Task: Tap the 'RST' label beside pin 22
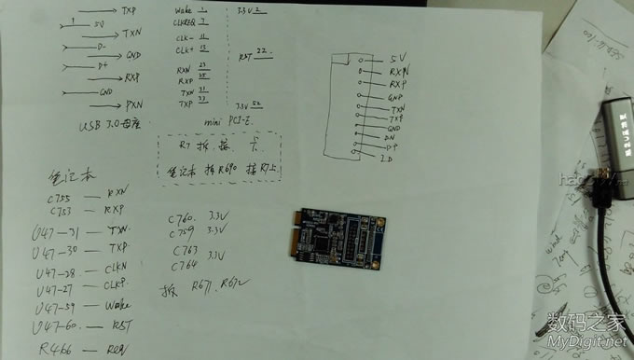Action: tap(246, 55)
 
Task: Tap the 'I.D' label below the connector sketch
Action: tap(386, 160)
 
